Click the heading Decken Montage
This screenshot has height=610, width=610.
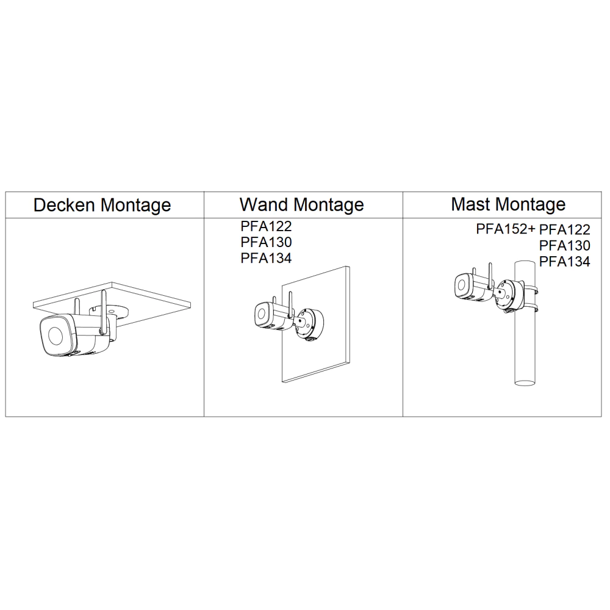pos(102,205)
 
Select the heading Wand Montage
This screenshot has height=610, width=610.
pos(302,204)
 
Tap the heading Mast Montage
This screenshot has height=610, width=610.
pos(508,204)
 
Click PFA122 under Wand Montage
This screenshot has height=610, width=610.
pos(266,226)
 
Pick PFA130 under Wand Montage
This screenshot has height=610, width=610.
pos(266,242)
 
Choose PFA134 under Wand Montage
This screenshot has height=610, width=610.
pos(266,258)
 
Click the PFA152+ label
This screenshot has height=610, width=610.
pos(506,229)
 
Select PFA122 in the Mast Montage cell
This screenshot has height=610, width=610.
pos(565,229)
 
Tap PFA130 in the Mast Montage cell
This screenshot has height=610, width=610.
pos(565,245)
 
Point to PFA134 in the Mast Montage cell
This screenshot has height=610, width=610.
pos(565,262)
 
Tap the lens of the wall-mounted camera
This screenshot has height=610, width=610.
pos(262,314)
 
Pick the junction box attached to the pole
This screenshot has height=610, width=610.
pos(509,295)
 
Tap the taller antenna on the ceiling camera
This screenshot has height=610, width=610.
pos(104,312)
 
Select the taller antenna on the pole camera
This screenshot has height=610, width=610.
pos(490,276)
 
